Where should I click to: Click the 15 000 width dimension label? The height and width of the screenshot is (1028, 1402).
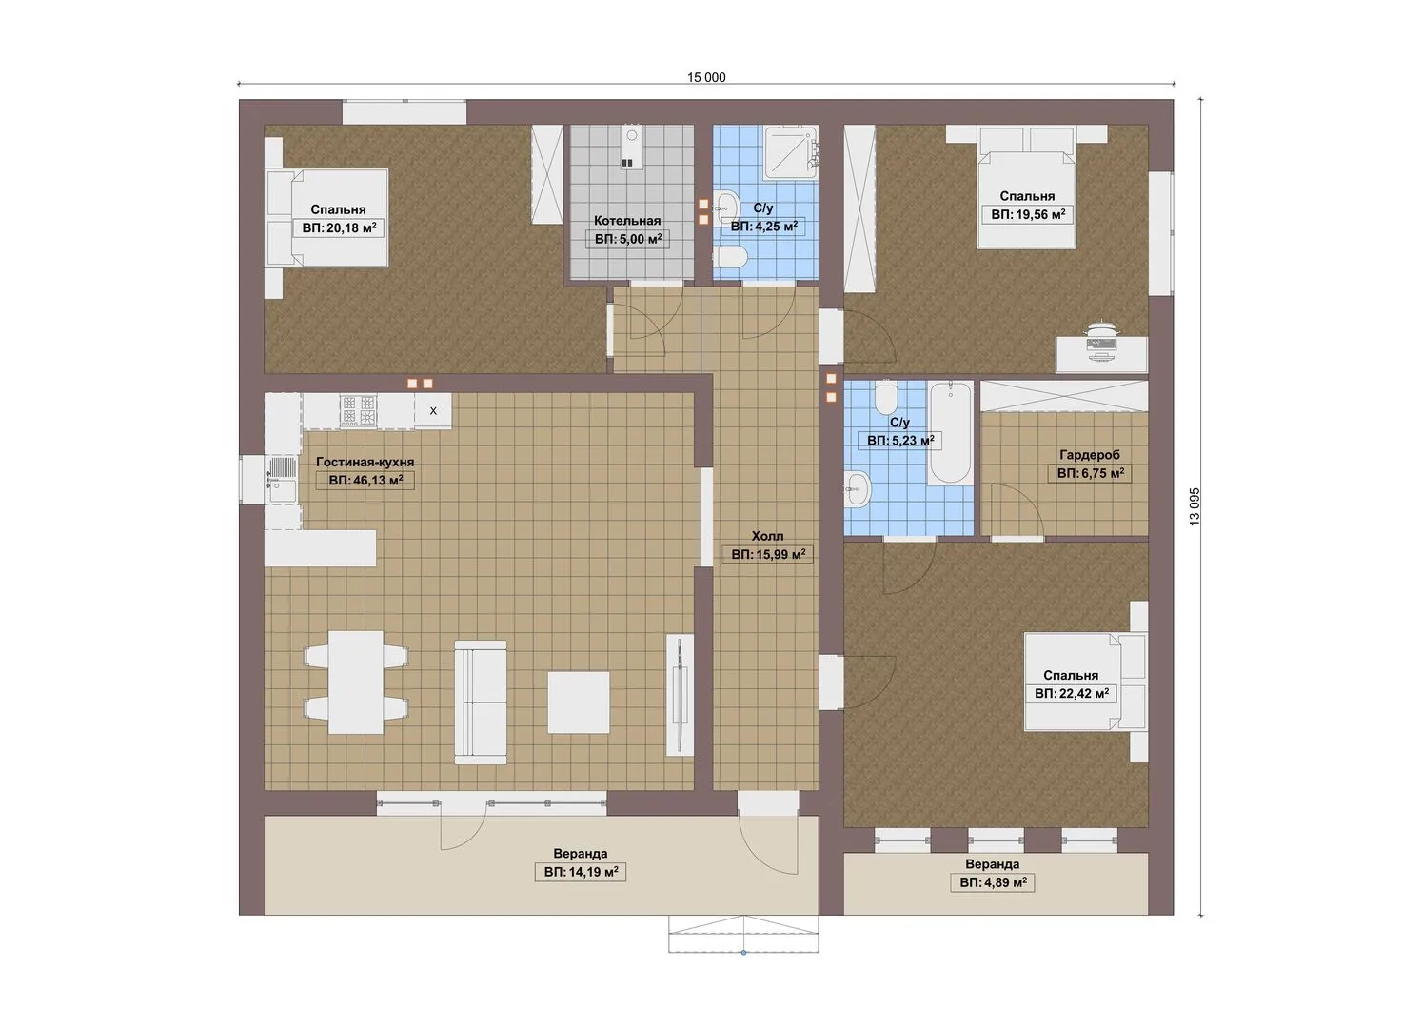[x=706, y=78]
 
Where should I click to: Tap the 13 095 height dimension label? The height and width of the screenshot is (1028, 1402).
[x=1195, y=506]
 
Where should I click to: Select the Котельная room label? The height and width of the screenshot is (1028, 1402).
[x=627, y=221]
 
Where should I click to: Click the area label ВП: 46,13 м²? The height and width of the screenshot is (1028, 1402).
[x=365, y=480]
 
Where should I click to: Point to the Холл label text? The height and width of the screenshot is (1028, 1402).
[x=767, y=536]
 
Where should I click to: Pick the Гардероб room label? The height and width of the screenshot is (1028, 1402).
[x=1090, y=455]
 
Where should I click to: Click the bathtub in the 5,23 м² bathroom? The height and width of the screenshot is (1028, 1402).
[x=950, y=432]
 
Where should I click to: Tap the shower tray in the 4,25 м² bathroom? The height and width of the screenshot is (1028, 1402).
[x=790, y=151]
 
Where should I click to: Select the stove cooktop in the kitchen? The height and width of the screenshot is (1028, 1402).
[x=358, y=410]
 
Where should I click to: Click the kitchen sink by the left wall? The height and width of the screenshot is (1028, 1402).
[x=283, y=480]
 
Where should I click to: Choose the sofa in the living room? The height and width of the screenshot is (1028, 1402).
[x=481, y=702]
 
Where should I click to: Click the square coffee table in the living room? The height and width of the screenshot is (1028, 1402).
[x=579, y=702]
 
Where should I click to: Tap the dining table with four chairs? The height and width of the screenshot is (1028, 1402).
[x=356, y=682]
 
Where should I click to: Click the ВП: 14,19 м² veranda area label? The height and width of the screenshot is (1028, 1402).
[x=581, y=872]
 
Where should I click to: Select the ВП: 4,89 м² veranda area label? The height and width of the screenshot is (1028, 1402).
[x=992, y=882]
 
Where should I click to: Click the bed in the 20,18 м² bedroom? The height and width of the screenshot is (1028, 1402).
[x=326, y=218]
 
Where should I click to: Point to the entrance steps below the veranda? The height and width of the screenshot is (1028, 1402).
[x=743, y=934]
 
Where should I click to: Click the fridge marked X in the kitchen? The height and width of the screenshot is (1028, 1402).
[x=433, y=410]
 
